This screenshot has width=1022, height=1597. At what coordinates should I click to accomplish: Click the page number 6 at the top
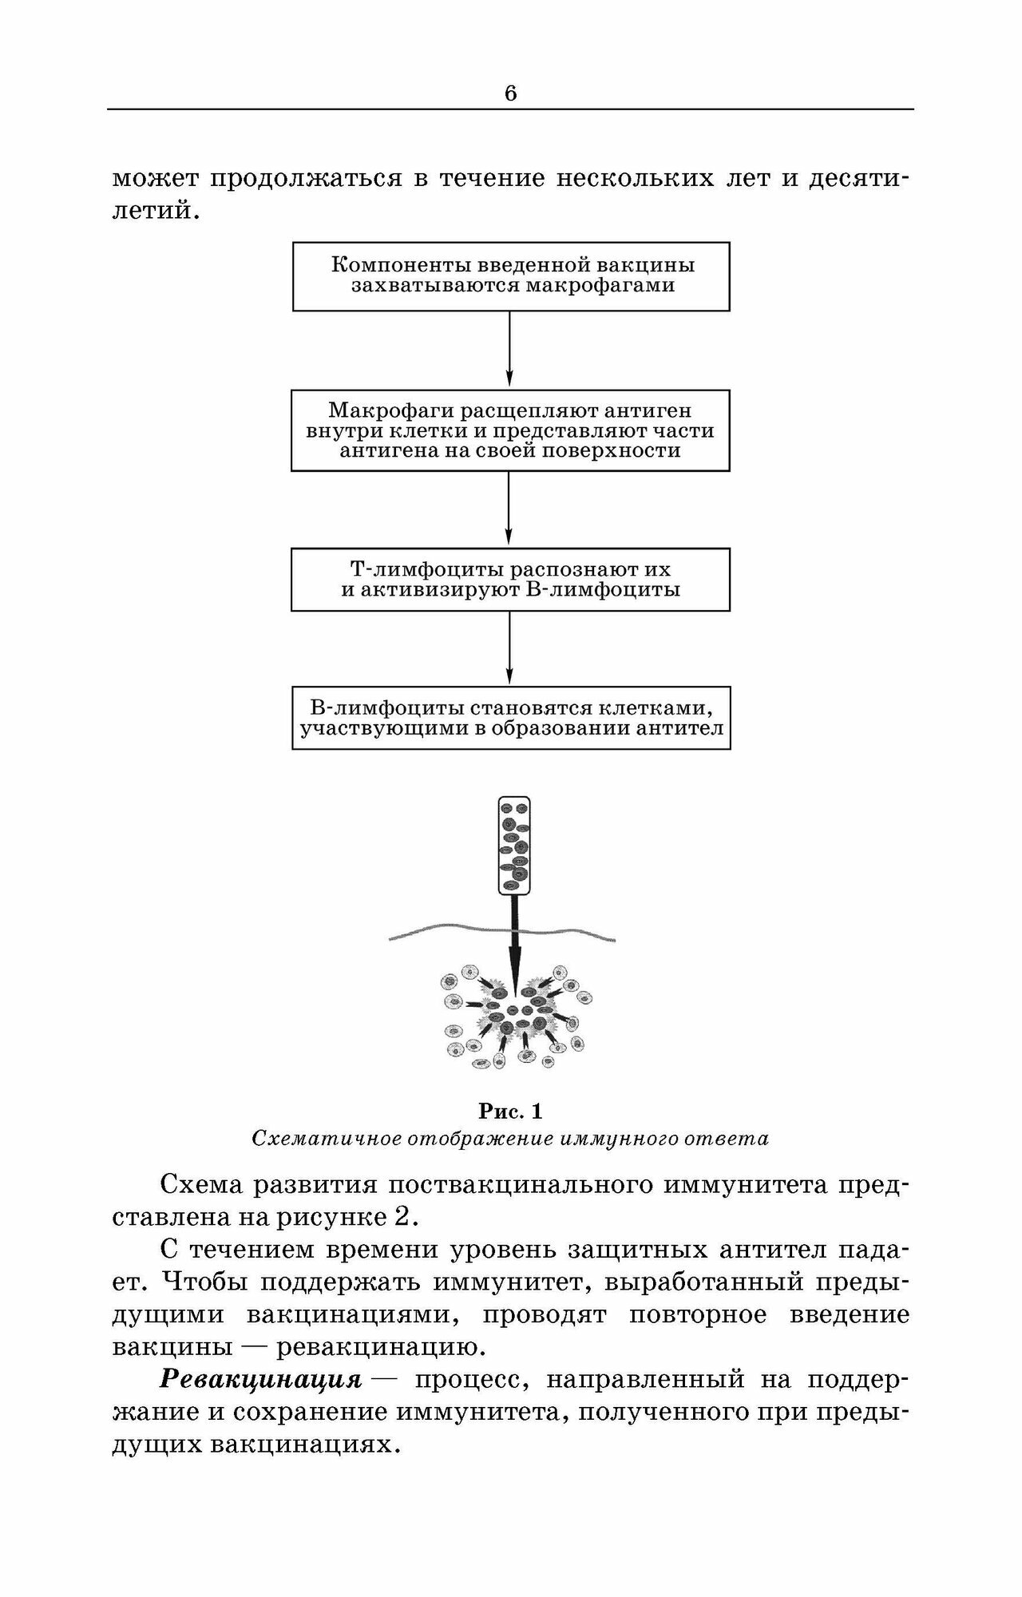(510, 93)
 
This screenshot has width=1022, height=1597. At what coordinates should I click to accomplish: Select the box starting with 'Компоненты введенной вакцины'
(511, 276)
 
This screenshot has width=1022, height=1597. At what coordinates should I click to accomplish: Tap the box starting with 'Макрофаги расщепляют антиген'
(511, 430)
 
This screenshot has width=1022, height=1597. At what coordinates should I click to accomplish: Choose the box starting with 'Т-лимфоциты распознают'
(511, 580)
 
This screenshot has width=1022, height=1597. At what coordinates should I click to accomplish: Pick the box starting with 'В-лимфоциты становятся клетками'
(511, 718)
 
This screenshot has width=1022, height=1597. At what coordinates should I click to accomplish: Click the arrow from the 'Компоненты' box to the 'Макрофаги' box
(510, 350)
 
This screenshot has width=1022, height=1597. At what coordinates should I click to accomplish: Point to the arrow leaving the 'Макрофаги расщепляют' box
(510, 509)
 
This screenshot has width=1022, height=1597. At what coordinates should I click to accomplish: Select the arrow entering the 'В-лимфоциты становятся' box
(510, 648)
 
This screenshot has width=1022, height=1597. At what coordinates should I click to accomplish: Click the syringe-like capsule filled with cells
(513, 846)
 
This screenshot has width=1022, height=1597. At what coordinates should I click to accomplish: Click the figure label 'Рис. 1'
(510, 1111)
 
